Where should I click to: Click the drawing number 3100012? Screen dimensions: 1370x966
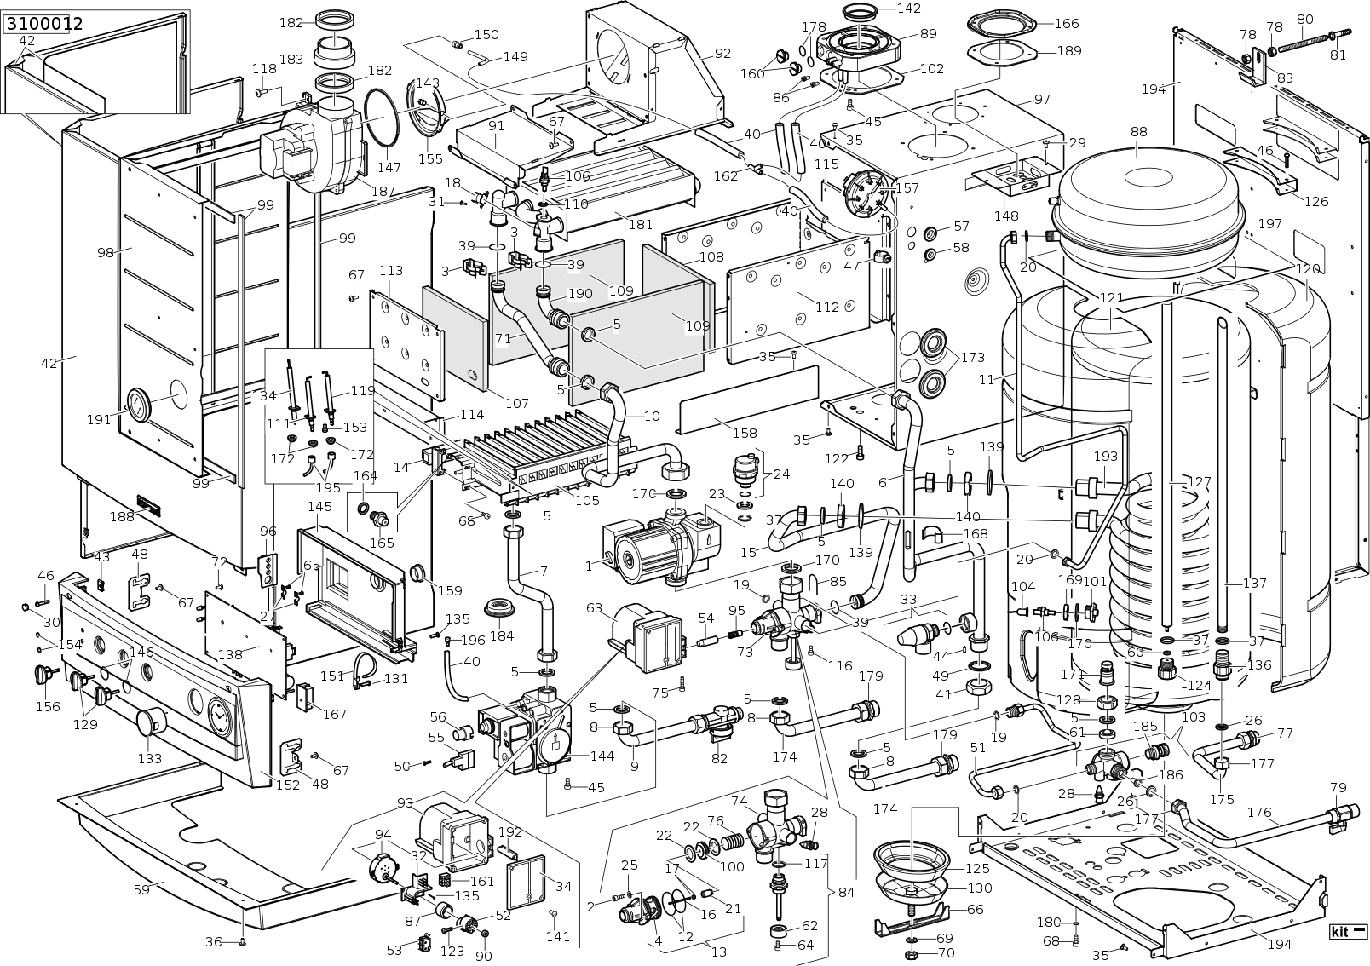pyautogui.click(x=44, y=25)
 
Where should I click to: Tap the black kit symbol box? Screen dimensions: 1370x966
pyautogui.click(x=1349, y=932)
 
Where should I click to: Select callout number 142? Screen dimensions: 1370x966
pyautogui.click(x=909, y=9)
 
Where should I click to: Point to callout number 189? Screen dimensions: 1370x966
pyautogui.click(x=1070, y=51)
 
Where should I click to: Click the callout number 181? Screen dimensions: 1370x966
pyautogui.click(x=641, y=224)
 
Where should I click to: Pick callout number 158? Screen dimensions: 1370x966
pyautogui.click(x=745, y=433)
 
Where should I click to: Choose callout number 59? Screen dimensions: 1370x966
pyautogui.click(x=141, y=889)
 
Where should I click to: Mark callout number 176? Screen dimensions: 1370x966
pyautogui.click(x=1260, y=813)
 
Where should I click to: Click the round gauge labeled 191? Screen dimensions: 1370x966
pyautogui.click(x=140, y=405)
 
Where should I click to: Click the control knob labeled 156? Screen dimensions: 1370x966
pyautogui.click(x=45, y=675)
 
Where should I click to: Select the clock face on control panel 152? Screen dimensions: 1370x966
pyautogui.click(x=219, y=713)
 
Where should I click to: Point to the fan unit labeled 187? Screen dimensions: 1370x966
pyautogui.click(x=312, y=150)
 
